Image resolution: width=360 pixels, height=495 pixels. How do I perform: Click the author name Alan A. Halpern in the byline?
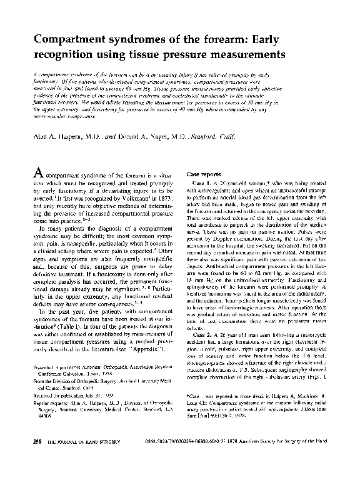pos(61,136)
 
